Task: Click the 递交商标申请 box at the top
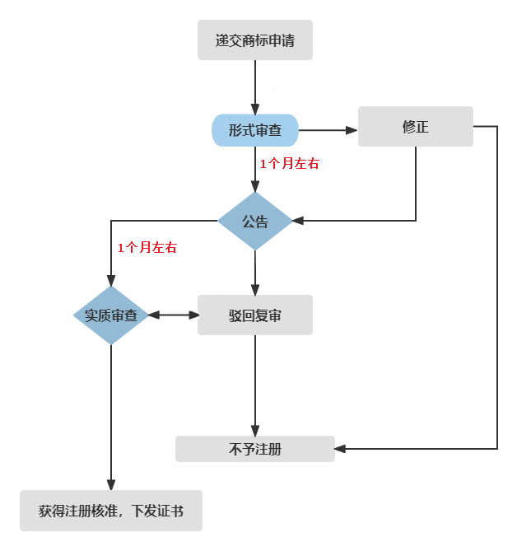pos(255,40)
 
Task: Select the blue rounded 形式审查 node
pos(255,129)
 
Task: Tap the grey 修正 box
pos(416,127)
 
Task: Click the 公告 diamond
pos(255,222)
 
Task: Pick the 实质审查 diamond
pos(111,315)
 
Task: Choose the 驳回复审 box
pos(255,315)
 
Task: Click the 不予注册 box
pos(255,449)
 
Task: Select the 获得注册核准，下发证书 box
pos(111,511)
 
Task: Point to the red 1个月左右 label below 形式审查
pos(289,164)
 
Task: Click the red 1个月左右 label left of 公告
pos(147,247)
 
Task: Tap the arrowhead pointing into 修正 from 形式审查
pos(352,129)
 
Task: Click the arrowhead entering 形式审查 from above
pos(255,110)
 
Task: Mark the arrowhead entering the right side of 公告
pos(299,221)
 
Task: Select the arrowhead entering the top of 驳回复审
pos(255,290)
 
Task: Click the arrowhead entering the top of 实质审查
pos(111,281)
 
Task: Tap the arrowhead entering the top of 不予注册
pos(255,431)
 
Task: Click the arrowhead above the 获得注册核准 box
pos(111,485)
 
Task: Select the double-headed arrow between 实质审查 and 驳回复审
pos(173,315)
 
